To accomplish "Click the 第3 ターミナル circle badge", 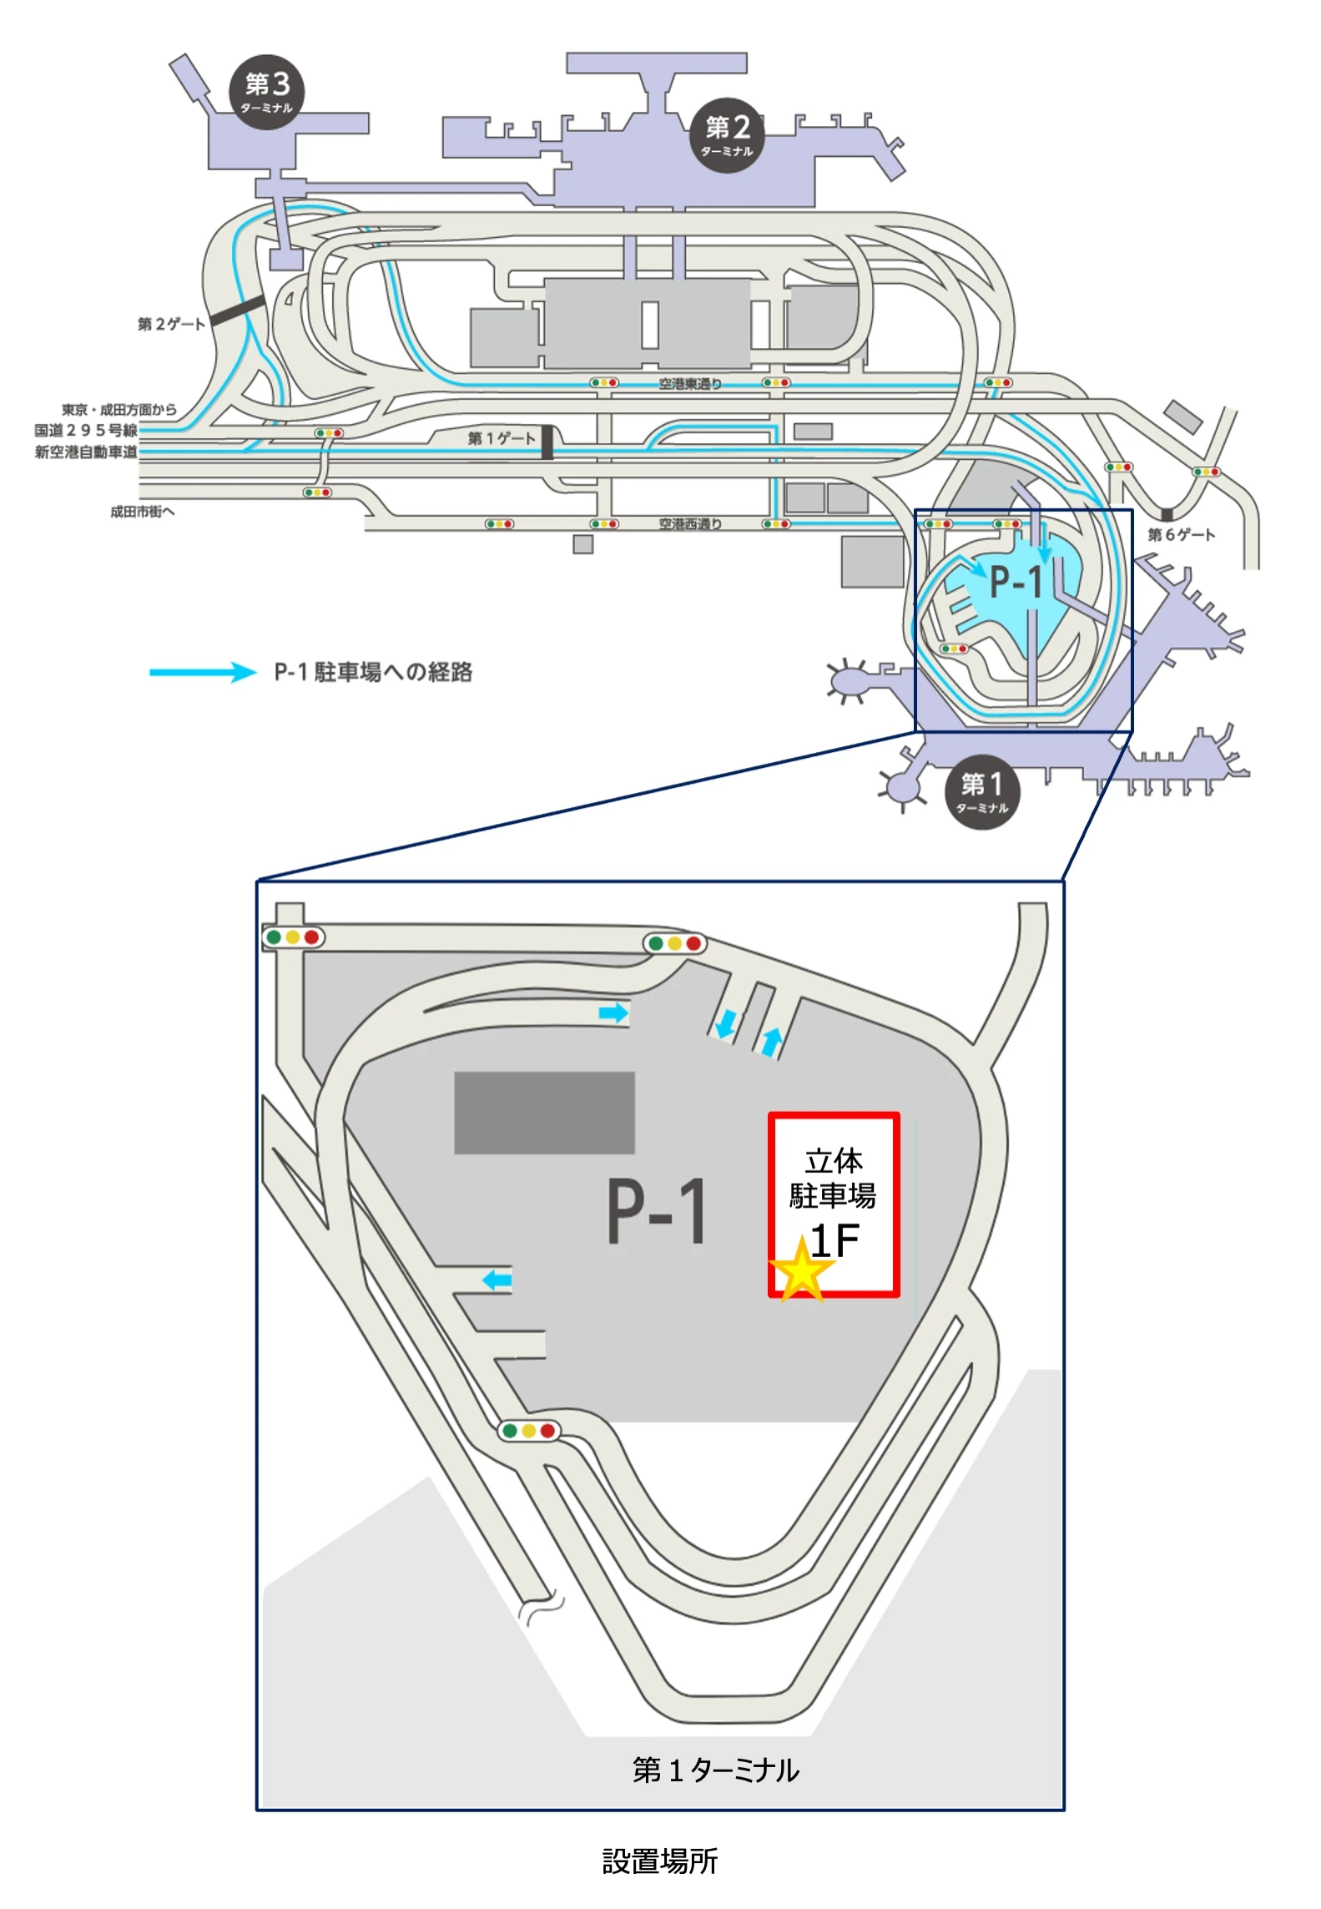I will point(267,91).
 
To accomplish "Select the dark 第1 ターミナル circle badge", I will point(982,790).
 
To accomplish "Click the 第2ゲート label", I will point(171,324).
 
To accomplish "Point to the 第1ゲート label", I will point(501,438).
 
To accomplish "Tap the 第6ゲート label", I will point(1181,534).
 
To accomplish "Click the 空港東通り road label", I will point(690,384).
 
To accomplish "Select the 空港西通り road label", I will point(690,524).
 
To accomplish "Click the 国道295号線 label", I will point(86,430).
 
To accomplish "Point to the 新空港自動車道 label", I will point(86,452).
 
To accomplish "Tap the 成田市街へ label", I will point(143,512).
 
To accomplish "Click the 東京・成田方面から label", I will point(118,409).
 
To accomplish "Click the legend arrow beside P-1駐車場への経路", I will point(203,672).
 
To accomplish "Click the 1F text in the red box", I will point(834,1241).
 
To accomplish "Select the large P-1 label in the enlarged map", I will point(657,1211).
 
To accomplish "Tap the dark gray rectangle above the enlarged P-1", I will point(544,1113).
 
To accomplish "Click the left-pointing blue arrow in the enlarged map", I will point(497,1280).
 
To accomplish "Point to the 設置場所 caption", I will point(659,1861).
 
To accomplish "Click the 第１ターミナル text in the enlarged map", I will point(715,1770).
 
